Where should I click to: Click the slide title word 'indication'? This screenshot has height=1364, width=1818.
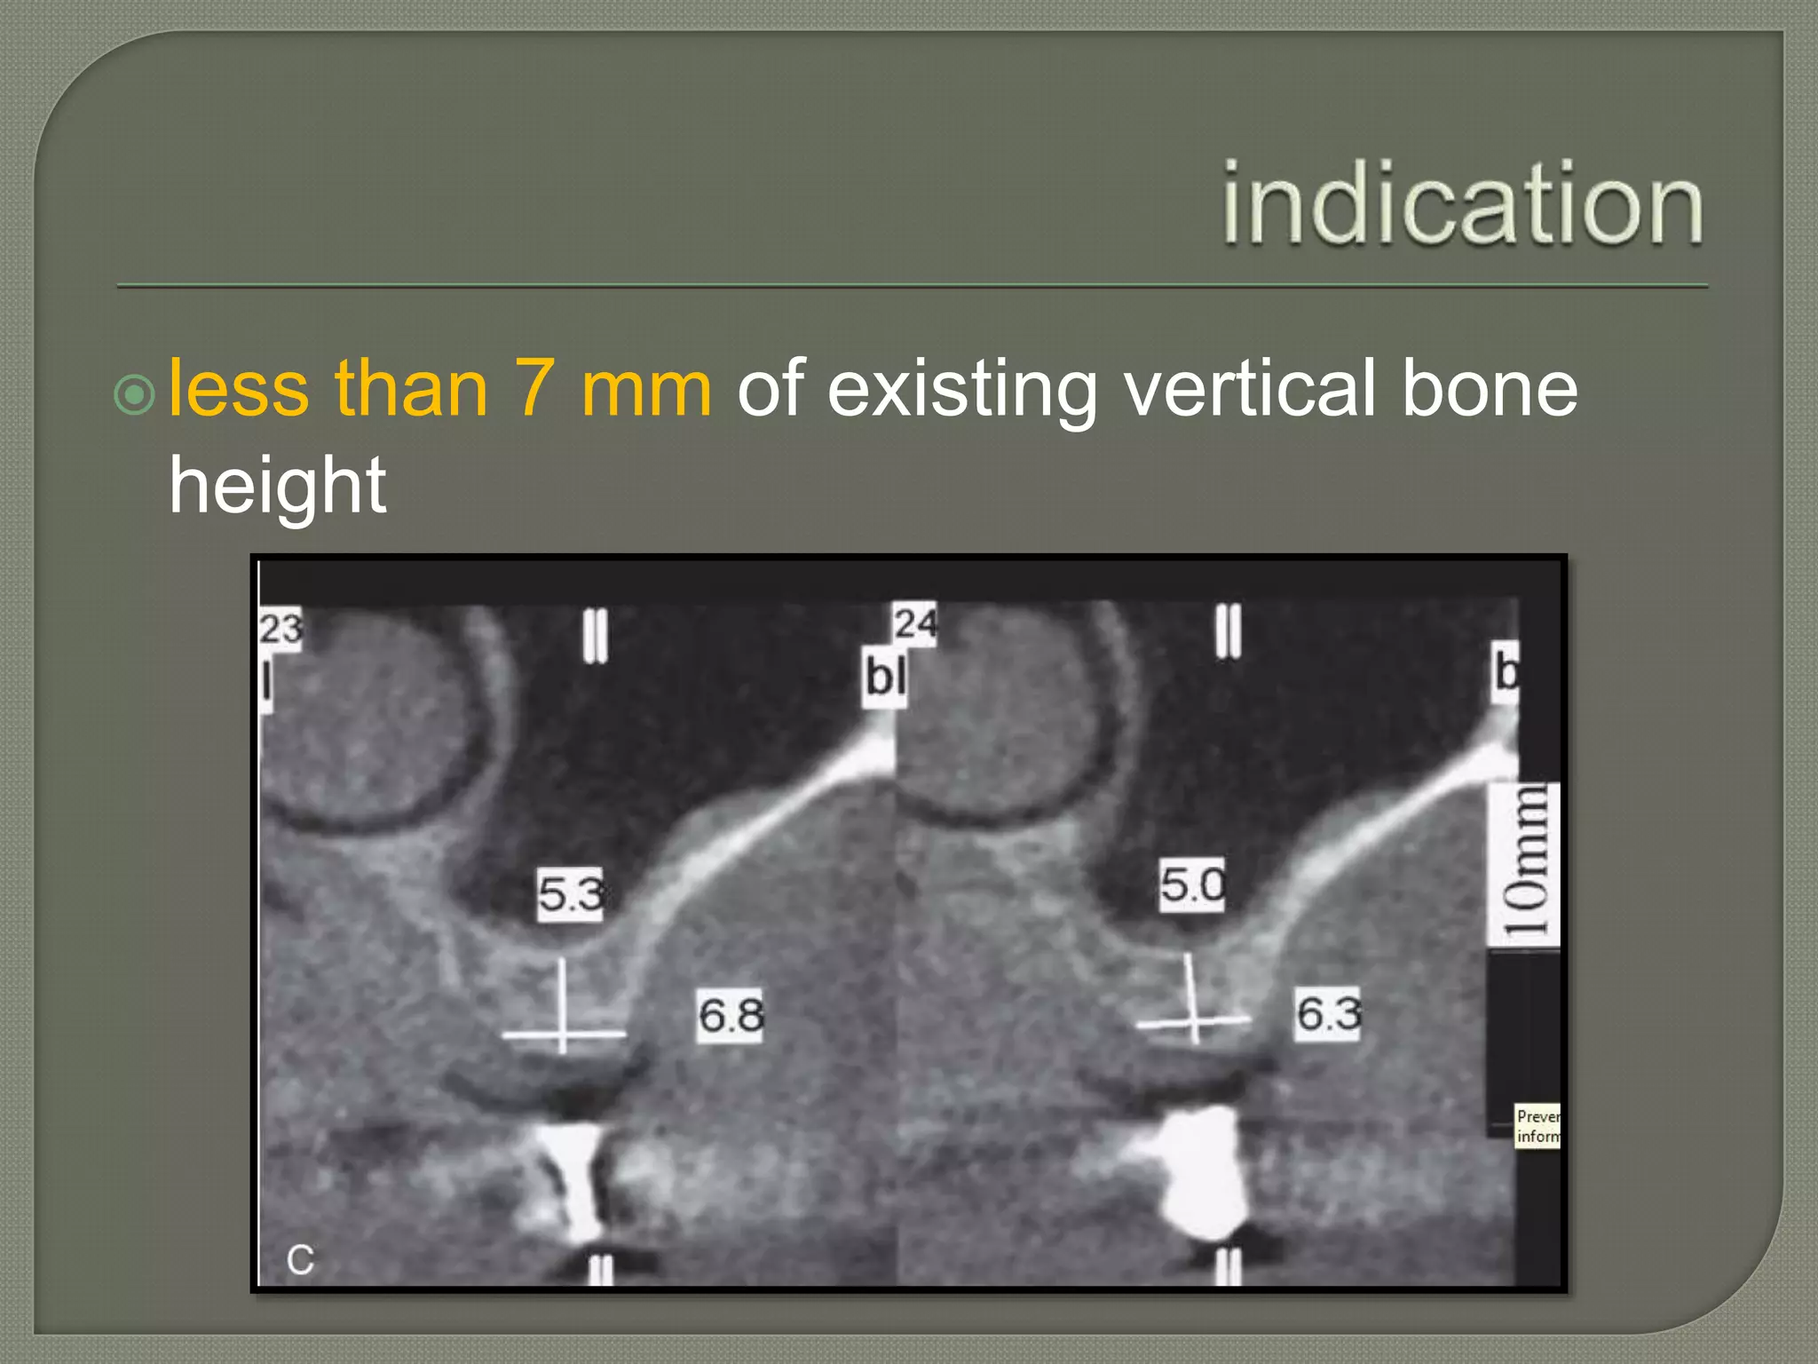(x=1462, y=203)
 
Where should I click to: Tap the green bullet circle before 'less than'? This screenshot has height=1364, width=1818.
(x=135, y=394)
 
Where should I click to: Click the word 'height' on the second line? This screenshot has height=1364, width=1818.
(x=277, y=487)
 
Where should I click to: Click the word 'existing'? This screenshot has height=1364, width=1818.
(x=962, y=391)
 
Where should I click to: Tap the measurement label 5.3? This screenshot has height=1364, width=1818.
(x=571, y=893)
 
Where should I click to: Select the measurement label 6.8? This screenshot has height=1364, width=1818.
(x=730, y=1015)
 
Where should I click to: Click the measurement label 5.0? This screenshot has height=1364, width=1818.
(x=1192, y=884)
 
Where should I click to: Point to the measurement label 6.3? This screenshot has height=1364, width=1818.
(x=1328, y=1013)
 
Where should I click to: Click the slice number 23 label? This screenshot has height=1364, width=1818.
(x=281, y=630)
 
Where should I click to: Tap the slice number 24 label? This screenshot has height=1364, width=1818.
(x=914, y=623)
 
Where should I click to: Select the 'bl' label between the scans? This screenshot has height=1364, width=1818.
(x=885, y=678)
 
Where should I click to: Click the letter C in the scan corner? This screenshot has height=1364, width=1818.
(x=300, y=1259)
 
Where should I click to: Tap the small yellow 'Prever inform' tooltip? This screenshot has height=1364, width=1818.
(x=1537, y=1126)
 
